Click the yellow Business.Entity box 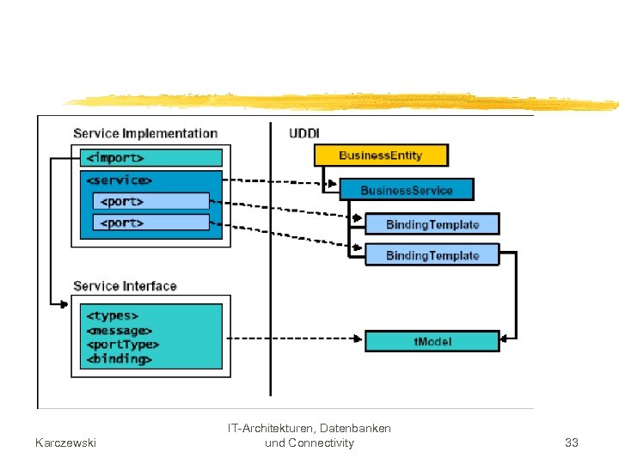coord(381,156)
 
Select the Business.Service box coord(407,189)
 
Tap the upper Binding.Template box coord(432,224)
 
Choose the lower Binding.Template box coord(432,255)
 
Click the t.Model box coord(432,341)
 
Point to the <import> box coord(150,158)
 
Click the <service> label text coord(120,180)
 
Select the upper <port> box coord(150,201)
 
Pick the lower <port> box coord(150,223)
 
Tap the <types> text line coord(112,316)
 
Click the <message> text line coord(119,330)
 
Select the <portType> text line coord(121,345)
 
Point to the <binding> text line coord(119,359)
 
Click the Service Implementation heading coord(145,133)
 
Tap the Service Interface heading coord(125,286)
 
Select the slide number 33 coord(571,443)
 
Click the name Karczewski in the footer coord(65,443)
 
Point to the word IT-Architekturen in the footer coord(276,428)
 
